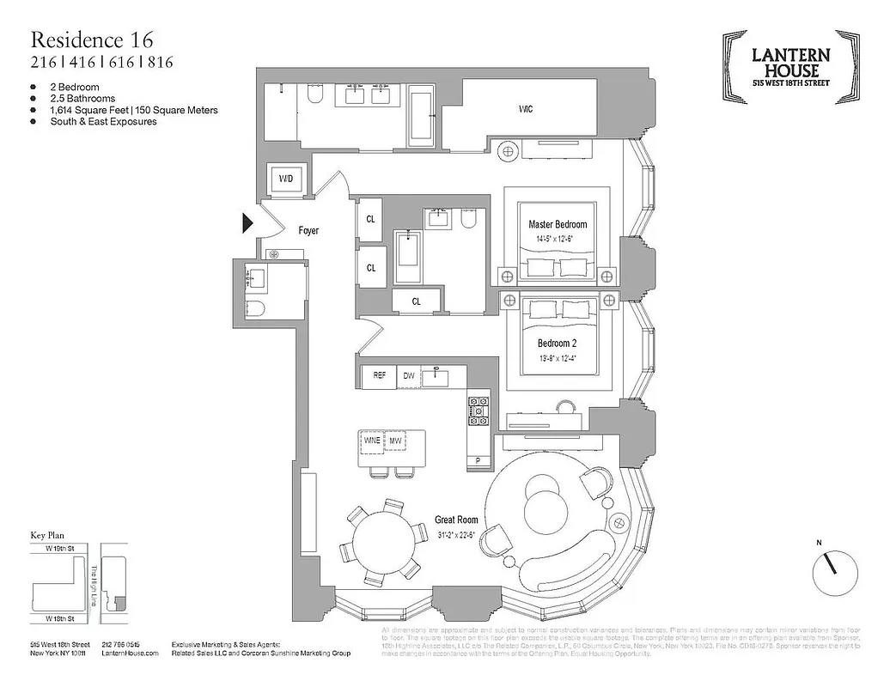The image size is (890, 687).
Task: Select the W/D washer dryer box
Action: pos(283,179)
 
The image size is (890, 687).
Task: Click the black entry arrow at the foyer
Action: pos(247,224)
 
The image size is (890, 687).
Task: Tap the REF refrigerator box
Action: pos(378,375)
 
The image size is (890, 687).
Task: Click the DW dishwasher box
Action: pos(410,375)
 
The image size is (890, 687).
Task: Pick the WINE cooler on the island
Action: pos(372,441)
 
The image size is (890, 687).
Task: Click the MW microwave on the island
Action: pos(396,441)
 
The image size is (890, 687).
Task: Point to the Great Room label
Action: pos(455,520)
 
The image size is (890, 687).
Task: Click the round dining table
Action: pos(380,538)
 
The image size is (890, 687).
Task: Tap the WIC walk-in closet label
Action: pos(525,110)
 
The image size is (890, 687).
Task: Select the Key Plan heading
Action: pos(48,534)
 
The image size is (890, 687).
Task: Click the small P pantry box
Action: pos(478,461)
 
